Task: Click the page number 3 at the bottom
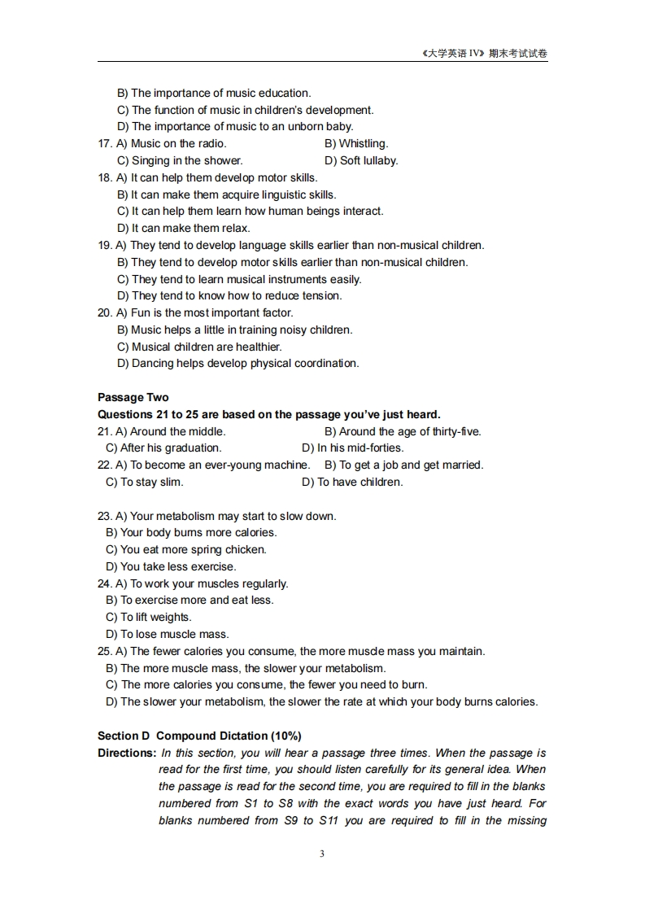pos(322,854)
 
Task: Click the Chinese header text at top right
pos(485,54)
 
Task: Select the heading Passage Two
pos(133,397)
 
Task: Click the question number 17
pos(105,144)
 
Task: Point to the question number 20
pos(105,312)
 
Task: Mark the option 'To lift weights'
pos(149,617)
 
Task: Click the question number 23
pos(105,516)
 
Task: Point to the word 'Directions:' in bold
pos(127,753)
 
